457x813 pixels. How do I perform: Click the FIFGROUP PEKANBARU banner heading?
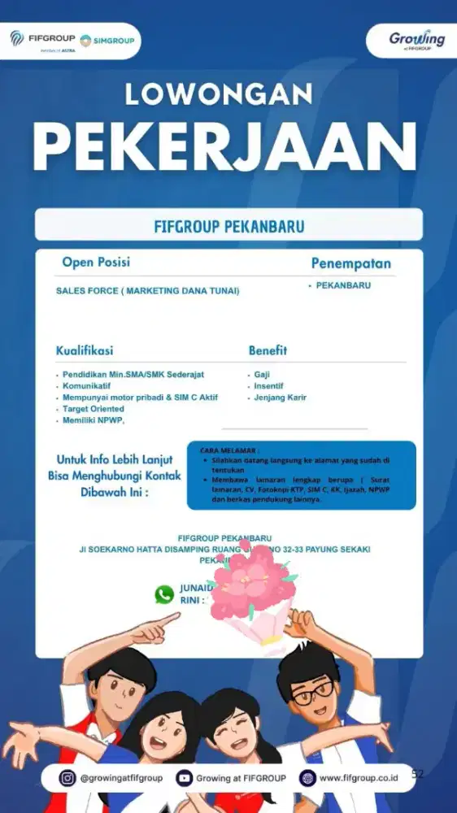[x=228, y=225]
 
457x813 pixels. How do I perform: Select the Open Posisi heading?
[x=96, y=263]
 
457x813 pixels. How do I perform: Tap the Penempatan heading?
[x=350, y=263]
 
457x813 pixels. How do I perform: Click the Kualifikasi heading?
[x=85, y=351]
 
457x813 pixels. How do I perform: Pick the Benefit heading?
[x=268, y=351]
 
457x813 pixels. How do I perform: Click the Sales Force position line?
[x=147, y=290]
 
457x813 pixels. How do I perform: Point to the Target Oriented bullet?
[x=94, y=409]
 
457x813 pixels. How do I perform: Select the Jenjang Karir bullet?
[x=280, y=398]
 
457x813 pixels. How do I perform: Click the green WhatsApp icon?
[x=164, y=594]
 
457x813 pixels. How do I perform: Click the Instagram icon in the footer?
[x=68, y=778]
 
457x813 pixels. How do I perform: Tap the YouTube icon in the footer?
[x=184, y=778]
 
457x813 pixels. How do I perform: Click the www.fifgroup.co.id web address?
[x=359, y=778]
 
